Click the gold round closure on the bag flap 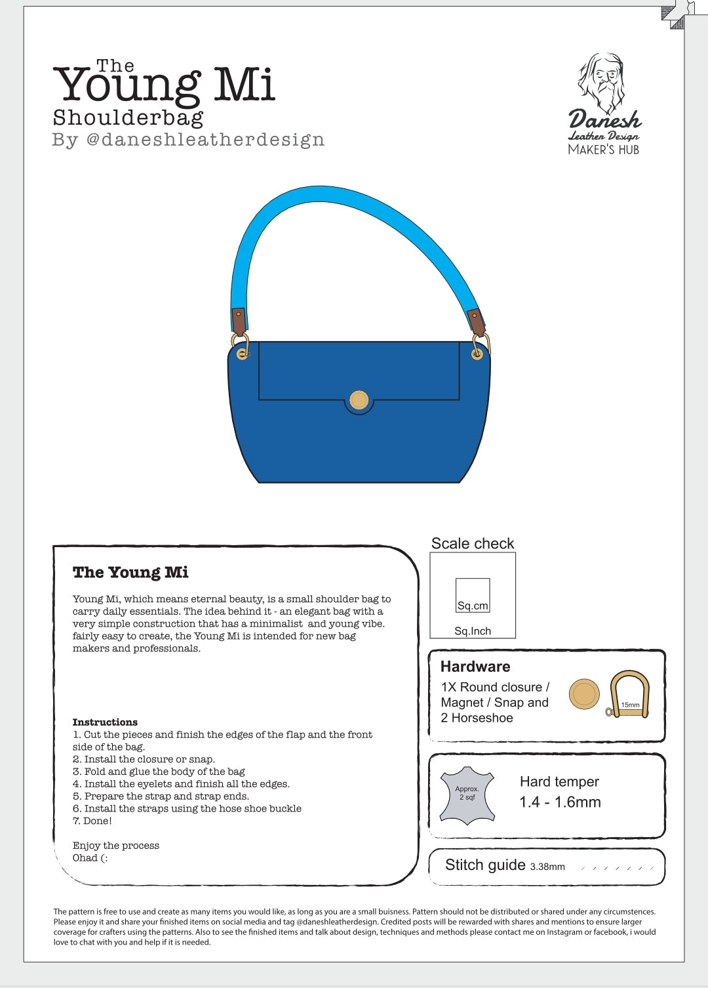click(359, 400)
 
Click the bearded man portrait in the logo click(601, 82)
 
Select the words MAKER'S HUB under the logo click(603, 150)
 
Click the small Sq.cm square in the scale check click(473, 595)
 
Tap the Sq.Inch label click(473, 631)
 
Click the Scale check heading click(473, 543)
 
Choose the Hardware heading click(475, 667)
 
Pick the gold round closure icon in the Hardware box click(584, 694)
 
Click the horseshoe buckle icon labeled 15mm click(629, 694)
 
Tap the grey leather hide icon click(467, 795)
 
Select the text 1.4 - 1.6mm click(560, 802)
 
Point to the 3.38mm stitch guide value click(547, 867)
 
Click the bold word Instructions click(105, 722)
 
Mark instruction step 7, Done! click(92, 821)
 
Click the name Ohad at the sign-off click(85, 858)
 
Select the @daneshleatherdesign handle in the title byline click(205, 140)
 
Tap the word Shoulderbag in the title click(128, 118)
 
